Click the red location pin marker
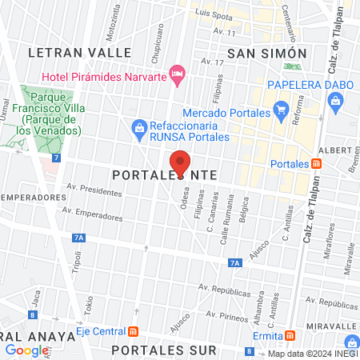180,162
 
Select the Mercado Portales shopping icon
280,109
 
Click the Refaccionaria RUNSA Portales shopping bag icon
139,126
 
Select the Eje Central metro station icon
133,331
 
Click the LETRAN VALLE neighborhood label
79,52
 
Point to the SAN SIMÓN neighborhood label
266,53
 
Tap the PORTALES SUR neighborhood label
164,350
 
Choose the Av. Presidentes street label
94,191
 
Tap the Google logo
27,350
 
